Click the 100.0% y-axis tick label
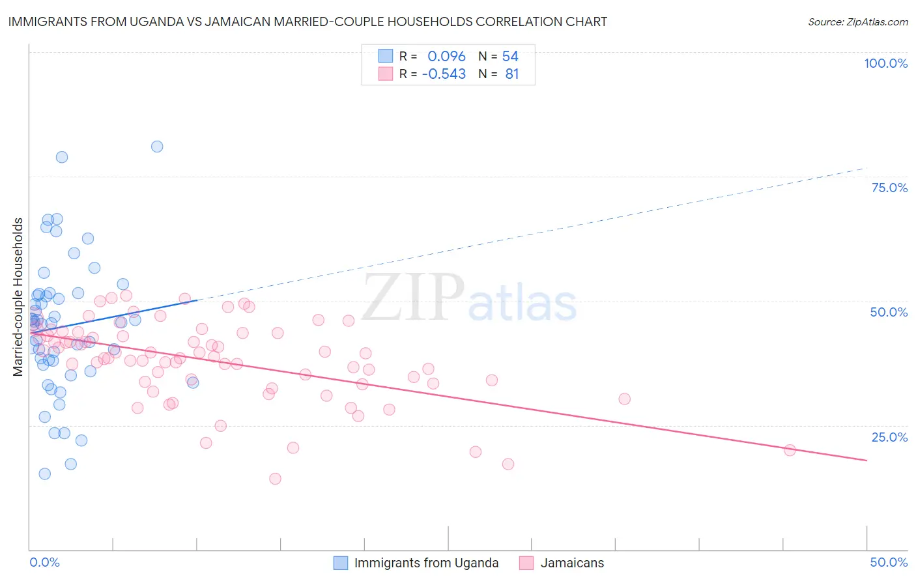[x=885, y=63]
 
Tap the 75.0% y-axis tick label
[x=889, y=188]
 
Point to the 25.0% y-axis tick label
[x=889, y=436]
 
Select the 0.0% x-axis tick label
[x=44, y=562]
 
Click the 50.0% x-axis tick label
[x=889, y=562]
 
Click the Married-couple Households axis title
[x=18, y=296]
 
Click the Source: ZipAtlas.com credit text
[x=857, y=21]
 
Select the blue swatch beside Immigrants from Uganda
[x=341, y=563]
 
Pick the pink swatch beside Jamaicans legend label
[x=526, y=563]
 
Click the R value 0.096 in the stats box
[x=446, y=56]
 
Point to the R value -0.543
[x=444, y=74]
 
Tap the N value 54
[x=510, y=56]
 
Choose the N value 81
[x=512, y=74]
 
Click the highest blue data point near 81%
[x=157, y=147]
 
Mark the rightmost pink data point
[x=790, y=450]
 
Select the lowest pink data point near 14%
[x=275, y=479]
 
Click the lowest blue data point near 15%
[x=45, y=474]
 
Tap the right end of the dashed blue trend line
[x=866, y=168]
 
